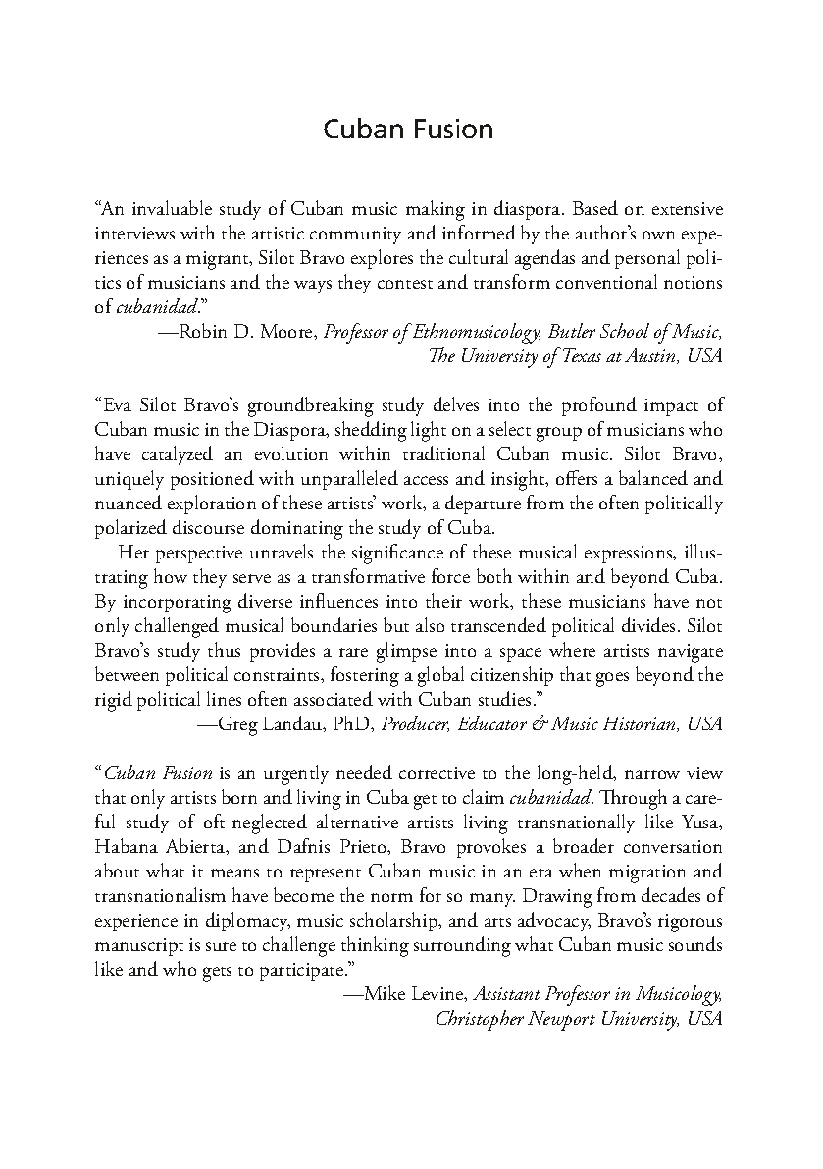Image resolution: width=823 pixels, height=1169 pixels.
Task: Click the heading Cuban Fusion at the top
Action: pyautogui.click(x=409, y=130)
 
